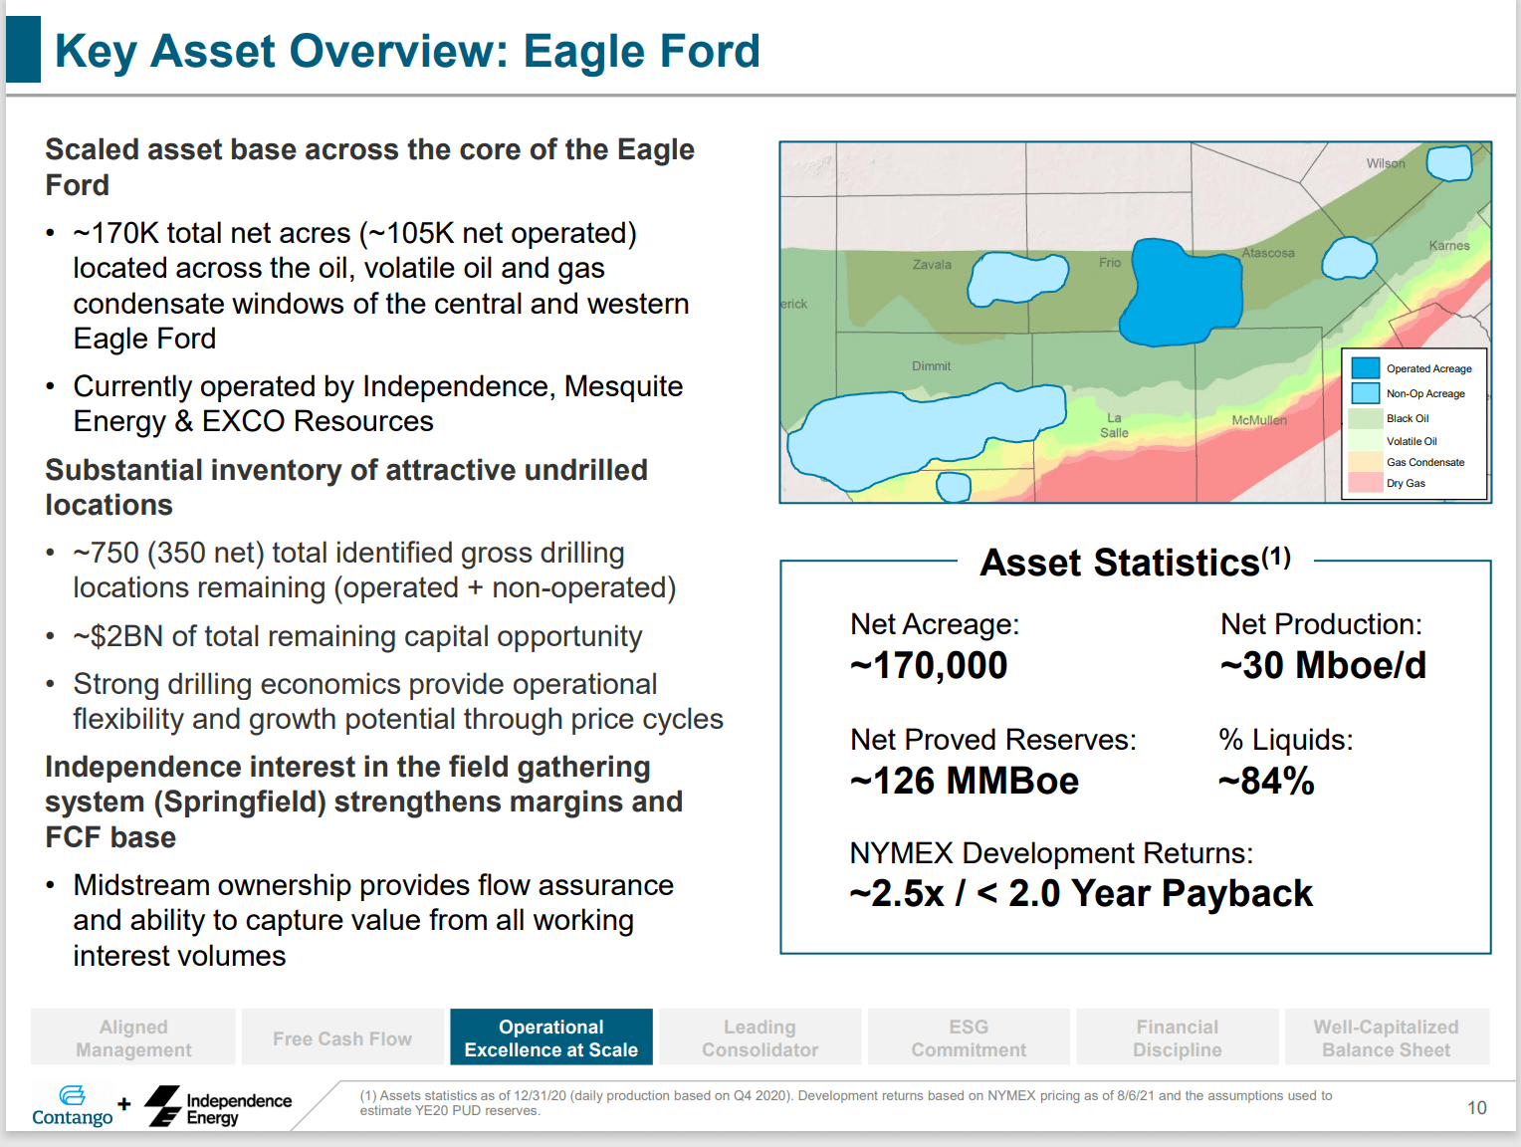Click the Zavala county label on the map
pos(932,265)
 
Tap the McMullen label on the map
pos(1258,420)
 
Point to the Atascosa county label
pos(1267,253)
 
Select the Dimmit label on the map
pos(931,366)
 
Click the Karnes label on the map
pos(1448,246)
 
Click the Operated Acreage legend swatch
pos(1365,368)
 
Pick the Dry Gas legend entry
pos(1406,483)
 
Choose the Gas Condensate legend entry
pos(1424,462)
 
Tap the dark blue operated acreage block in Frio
pos(1183,293)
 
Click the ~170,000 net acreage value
pos(929,666)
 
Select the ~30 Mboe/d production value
pos(1322,666)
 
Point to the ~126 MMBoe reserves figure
pos(964,782)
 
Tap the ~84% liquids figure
pos(1266,782)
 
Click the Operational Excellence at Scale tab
pos(550,1037)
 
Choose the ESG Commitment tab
pos(968,1037)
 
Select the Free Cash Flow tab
pos(341,1038)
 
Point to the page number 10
pos(1476,1108)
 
